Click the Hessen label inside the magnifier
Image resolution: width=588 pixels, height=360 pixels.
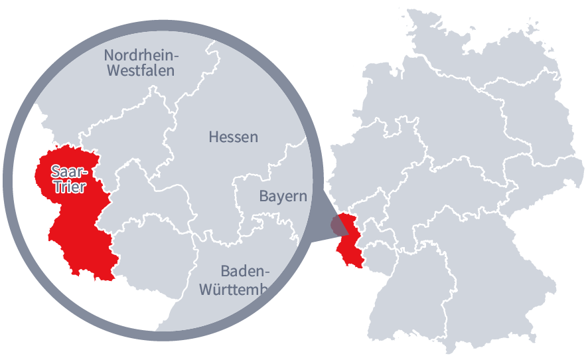tap(233, 137)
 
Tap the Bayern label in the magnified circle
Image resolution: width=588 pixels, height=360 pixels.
tap(283, 197)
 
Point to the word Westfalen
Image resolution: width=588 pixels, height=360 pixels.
tap(140, 70)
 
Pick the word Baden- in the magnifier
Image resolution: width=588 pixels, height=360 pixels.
tap(246, 271)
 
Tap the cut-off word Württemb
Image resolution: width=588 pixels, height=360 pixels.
tap(233, 290)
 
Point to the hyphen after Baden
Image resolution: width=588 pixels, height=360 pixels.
tap(269, 272)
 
